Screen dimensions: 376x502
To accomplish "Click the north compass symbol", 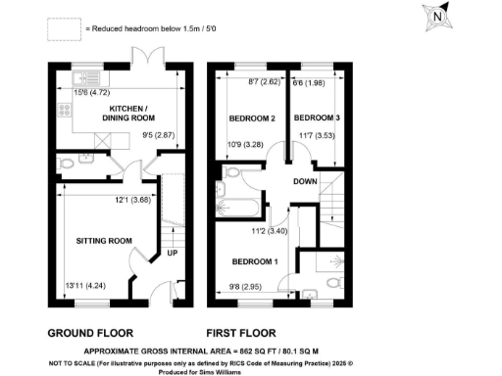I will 437,17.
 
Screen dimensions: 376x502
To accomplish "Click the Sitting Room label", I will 104,240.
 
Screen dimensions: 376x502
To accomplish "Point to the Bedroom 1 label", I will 254,262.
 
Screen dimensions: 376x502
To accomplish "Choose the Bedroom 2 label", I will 251,118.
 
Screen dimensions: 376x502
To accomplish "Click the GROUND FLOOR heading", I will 91,331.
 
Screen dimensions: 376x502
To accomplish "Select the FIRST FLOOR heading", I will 241,331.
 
